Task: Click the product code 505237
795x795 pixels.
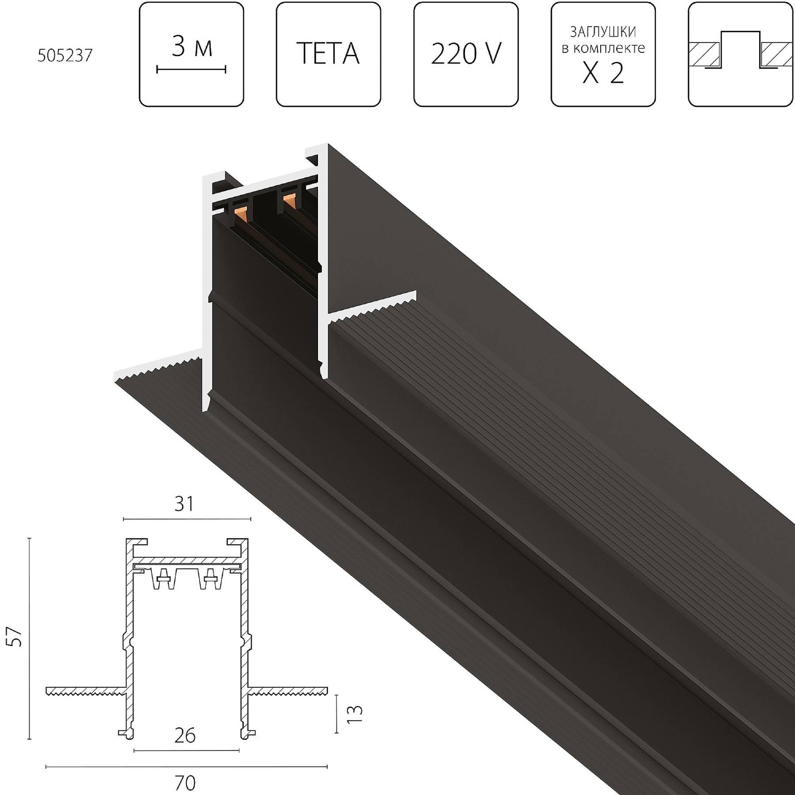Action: coord(65,56)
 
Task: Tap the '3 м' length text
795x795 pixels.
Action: coord(191,47)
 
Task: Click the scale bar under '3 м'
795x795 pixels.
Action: coord(191,69)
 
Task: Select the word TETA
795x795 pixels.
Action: coord(328,54)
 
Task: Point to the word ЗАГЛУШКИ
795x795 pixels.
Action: coord(603,32)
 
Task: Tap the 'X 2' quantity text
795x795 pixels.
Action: coord(603,73)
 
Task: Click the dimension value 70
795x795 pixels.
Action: coord(185,783)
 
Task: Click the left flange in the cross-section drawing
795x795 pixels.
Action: coord(84,691)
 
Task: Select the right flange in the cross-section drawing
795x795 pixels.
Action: coord(287,690)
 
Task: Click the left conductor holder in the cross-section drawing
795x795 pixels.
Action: coord(163,579)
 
